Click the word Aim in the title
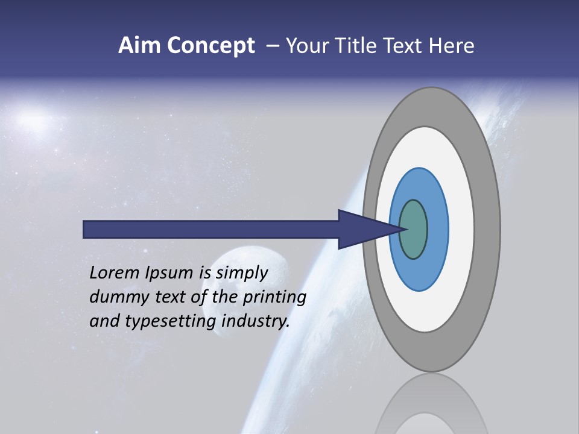[141, 46]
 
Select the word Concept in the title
[211, 46]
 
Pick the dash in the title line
[272, 46]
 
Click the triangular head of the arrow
[362, 229]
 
